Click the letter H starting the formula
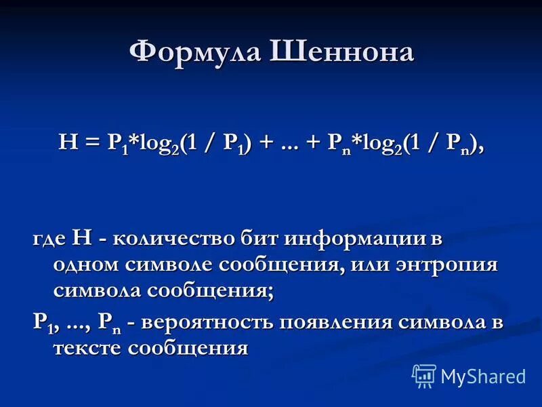[x=68, y=142]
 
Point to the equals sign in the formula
[x=92, y=142]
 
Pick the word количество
[x=173, y=239]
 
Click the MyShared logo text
[x=483, y=375]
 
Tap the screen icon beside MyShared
[x=424, y=375]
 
